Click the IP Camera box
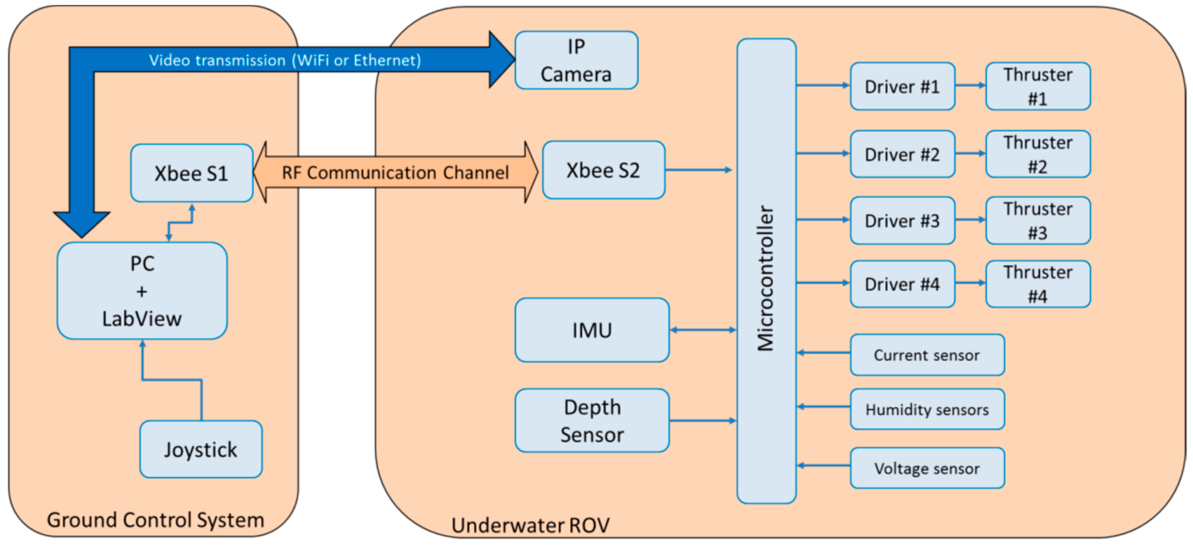(576, 60)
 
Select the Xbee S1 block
(191, 173)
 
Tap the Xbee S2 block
(603, 170)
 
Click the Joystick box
(201, 449)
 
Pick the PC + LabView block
(142, 291)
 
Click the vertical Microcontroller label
(766, 277)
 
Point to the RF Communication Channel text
(395, 173)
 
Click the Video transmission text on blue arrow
(285, 60)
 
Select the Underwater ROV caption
(530, 525)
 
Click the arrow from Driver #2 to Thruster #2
(970, 153)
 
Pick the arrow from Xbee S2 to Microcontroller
(698, 170)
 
